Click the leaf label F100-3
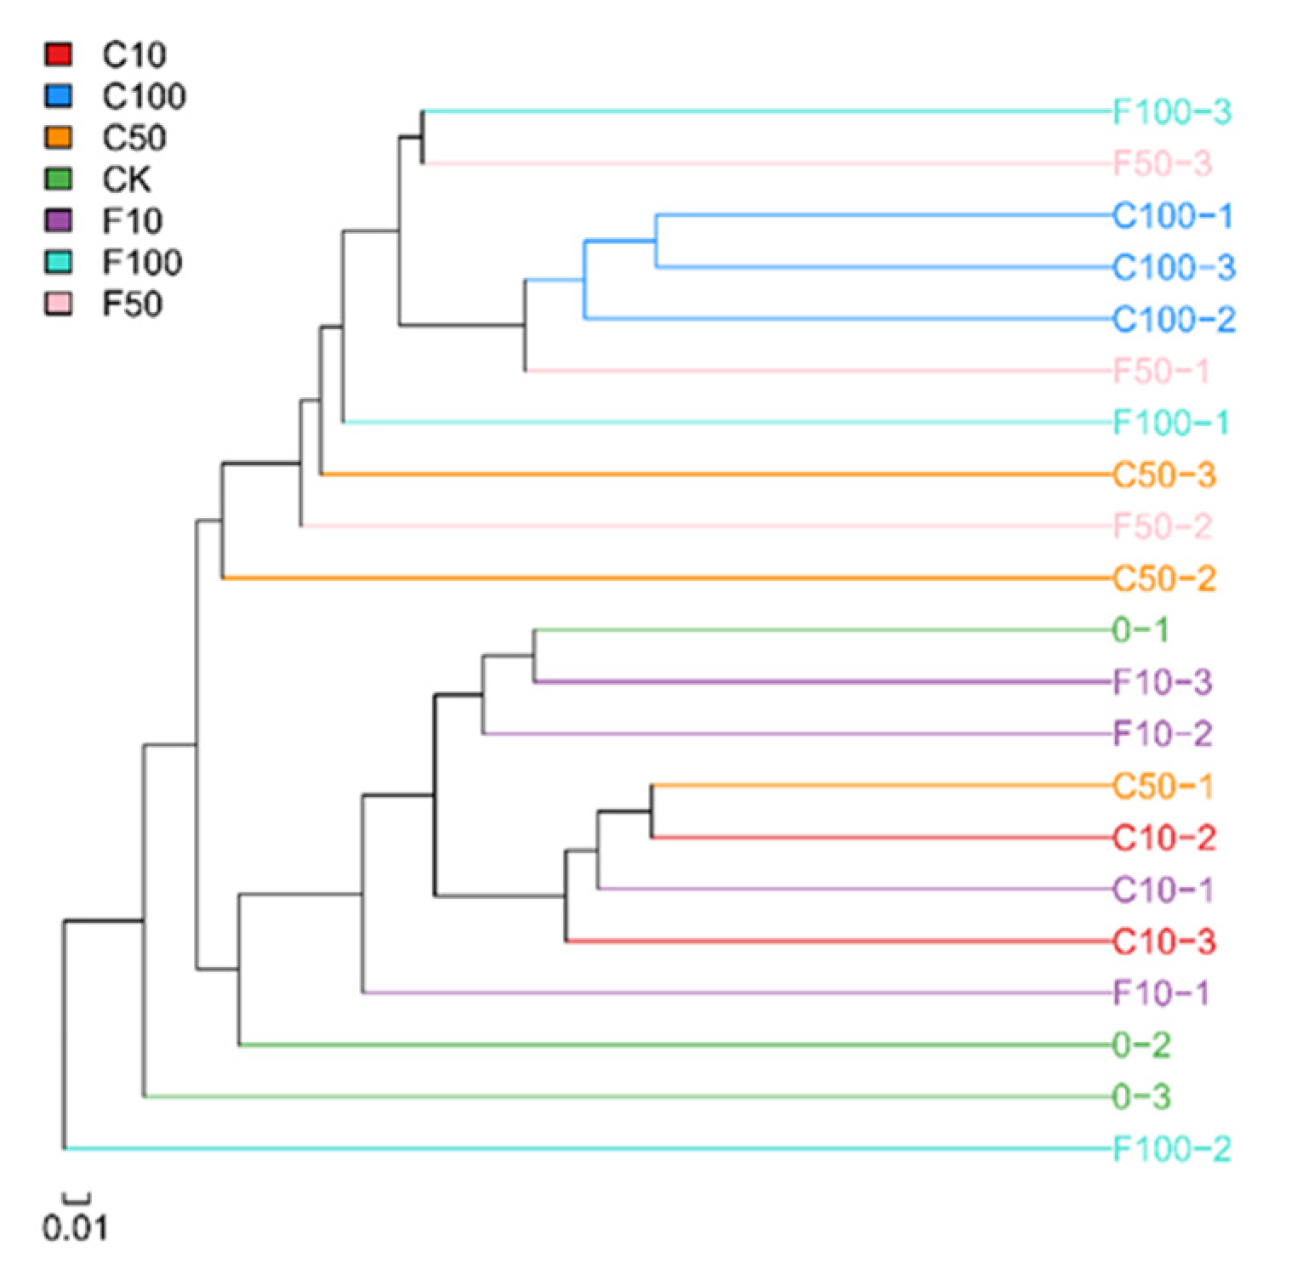(x=1171, y=111)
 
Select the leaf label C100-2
(x=1174, y=320)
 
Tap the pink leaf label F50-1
(x=1161, y=372)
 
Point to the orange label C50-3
(x=1164, y=475)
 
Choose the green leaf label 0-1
(x=1141, y=630)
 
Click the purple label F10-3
(x=1163, y=682)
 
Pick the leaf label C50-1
(x=1163, y=786)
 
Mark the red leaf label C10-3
(x=1164, y=942)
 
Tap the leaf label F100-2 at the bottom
(x=1171, y=1149)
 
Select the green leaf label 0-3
(x=1141, y=1097)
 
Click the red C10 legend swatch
(x=59, y=54)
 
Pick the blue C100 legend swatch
(x=59, y=96)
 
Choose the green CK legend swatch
(x=59, y=179)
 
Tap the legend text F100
(x=142, y=262)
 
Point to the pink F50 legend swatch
(x=59, y=304)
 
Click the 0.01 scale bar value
(x=75, y=1228)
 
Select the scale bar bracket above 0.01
(x=77, y=1198)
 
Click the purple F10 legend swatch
(x=59, y=220)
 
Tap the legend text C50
(x=134, y=138)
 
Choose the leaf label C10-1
(x=1163, y=890)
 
